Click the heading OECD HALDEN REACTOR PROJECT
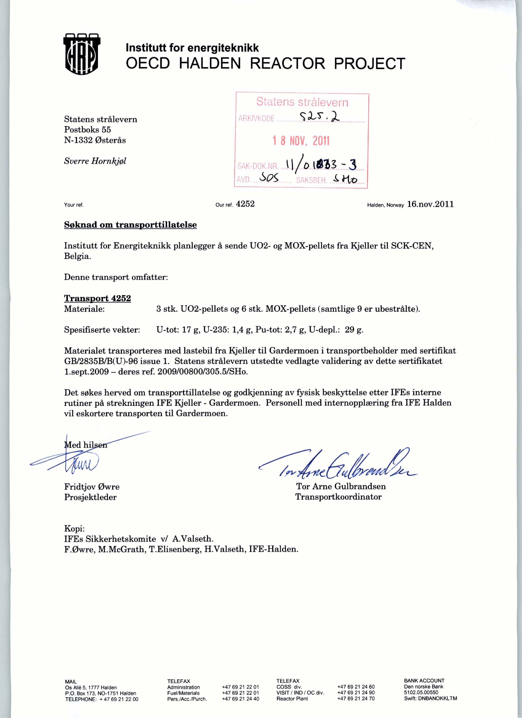click(265, 64)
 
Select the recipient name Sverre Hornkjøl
click(95, 161)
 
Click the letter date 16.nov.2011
click(430, 204)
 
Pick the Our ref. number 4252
click(246, 204)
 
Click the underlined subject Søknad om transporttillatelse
click(130, 225)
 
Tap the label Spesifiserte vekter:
click(102, 330)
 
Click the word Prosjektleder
click(90, 497)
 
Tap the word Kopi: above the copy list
click(74, 528)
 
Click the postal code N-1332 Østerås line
click(95, 140)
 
